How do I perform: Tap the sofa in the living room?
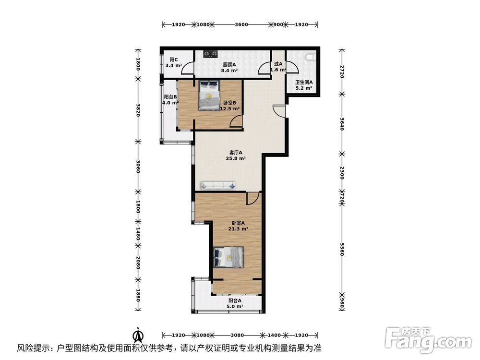click(217, 185)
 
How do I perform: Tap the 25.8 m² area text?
click(236, 158)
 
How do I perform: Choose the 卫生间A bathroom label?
click(304, 82)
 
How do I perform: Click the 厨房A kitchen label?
click(229, 64)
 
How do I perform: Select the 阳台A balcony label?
click(234, 300)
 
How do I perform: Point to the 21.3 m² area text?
click(238, 229)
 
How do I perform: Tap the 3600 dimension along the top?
click(241, 24)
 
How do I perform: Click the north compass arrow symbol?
click(138, 334)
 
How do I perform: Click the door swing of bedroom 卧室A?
click(252, 198)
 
